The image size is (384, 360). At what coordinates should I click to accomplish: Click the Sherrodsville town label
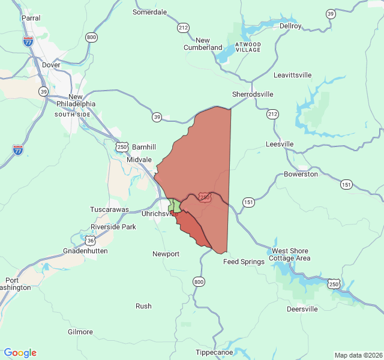click(253, 94)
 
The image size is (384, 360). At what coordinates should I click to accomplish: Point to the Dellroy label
click(290, 26)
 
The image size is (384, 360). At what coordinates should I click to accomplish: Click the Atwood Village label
click(248, 47)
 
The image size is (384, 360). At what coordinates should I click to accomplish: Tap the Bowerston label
click(301, 174)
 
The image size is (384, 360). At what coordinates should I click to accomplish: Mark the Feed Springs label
click(244, 262)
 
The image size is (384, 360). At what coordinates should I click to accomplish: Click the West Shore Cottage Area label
click(290, 254)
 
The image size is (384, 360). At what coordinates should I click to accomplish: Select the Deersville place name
click(302, 309)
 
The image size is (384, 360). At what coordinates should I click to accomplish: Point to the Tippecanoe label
click(214, 352)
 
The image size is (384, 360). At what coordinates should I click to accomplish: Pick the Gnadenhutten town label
click(85, 251)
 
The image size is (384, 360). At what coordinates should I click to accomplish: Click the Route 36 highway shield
click(90, 240)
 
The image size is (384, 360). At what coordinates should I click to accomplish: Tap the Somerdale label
click(149, 12)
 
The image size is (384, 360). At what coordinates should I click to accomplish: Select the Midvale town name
click(139, 160)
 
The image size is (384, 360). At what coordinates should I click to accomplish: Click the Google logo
click(20, 353)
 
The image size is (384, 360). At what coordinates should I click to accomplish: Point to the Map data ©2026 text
click(358, 355)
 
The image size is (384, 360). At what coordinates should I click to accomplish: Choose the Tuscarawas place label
click(109, 209)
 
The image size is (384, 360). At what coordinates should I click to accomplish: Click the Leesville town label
click(280, 144)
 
